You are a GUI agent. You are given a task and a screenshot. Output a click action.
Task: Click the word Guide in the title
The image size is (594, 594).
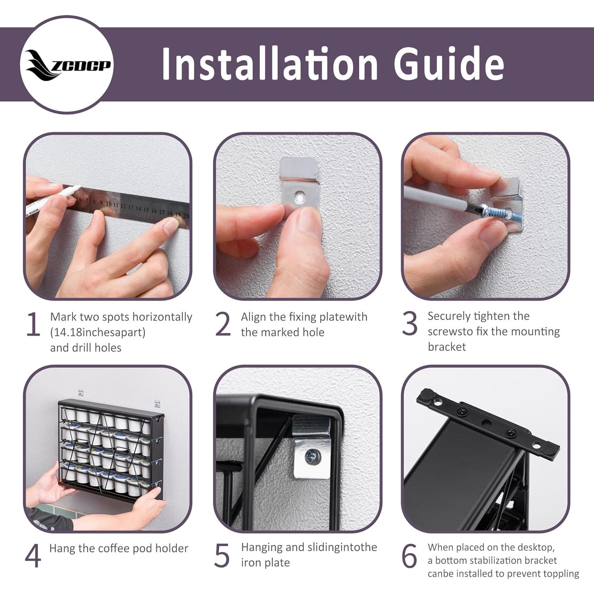click(449, 63)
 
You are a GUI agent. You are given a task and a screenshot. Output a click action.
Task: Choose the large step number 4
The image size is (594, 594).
click(33, 556)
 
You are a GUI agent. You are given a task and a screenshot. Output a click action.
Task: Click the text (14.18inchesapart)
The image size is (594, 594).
click(98, 332)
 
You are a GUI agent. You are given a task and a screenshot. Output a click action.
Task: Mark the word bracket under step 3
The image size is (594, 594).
click(447, 347)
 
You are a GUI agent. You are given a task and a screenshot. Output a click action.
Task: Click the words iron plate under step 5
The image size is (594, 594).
click(265, 563)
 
